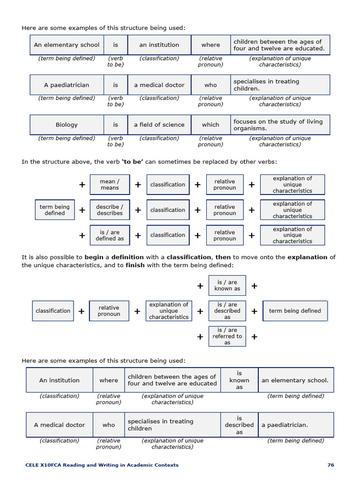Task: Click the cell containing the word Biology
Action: pos(67,125)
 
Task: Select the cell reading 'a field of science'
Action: pos(159,125)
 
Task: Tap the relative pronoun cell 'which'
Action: pos(210,125)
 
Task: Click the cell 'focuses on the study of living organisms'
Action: pos(279,125)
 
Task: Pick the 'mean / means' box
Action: pos(110,185)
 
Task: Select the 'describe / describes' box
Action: pos(110,210)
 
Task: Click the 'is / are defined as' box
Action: pos(110,235)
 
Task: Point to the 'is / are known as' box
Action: pos(227,285)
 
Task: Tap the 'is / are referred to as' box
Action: pos(227,336)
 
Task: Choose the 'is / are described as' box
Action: pos(227,311)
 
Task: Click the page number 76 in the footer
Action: pos(330,465)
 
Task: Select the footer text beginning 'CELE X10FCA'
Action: pos(102,465)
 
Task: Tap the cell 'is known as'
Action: pos(239,380)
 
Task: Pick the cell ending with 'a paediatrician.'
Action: pos(295,425)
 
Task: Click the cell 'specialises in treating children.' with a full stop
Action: pos(279,85)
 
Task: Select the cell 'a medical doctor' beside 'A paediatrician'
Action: pos(159,85)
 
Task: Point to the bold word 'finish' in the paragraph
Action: pos(135,265)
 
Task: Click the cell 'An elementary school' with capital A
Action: pos(67,45)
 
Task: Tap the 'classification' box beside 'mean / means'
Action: pos(167,185)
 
